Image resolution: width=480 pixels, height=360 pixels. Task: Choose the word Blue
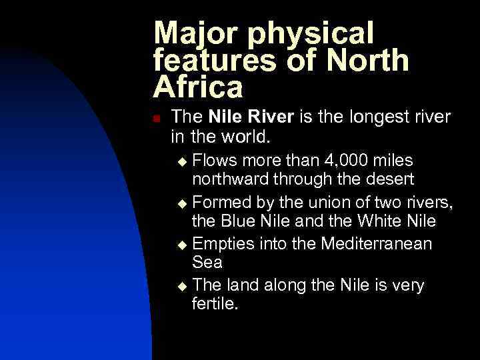[x=242, y=222]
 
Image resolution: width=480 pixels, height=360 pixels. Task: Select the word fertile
[x=215, y=305]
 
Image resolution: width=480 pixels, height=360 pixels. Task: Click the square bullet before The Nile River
[x=156, y=118]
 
